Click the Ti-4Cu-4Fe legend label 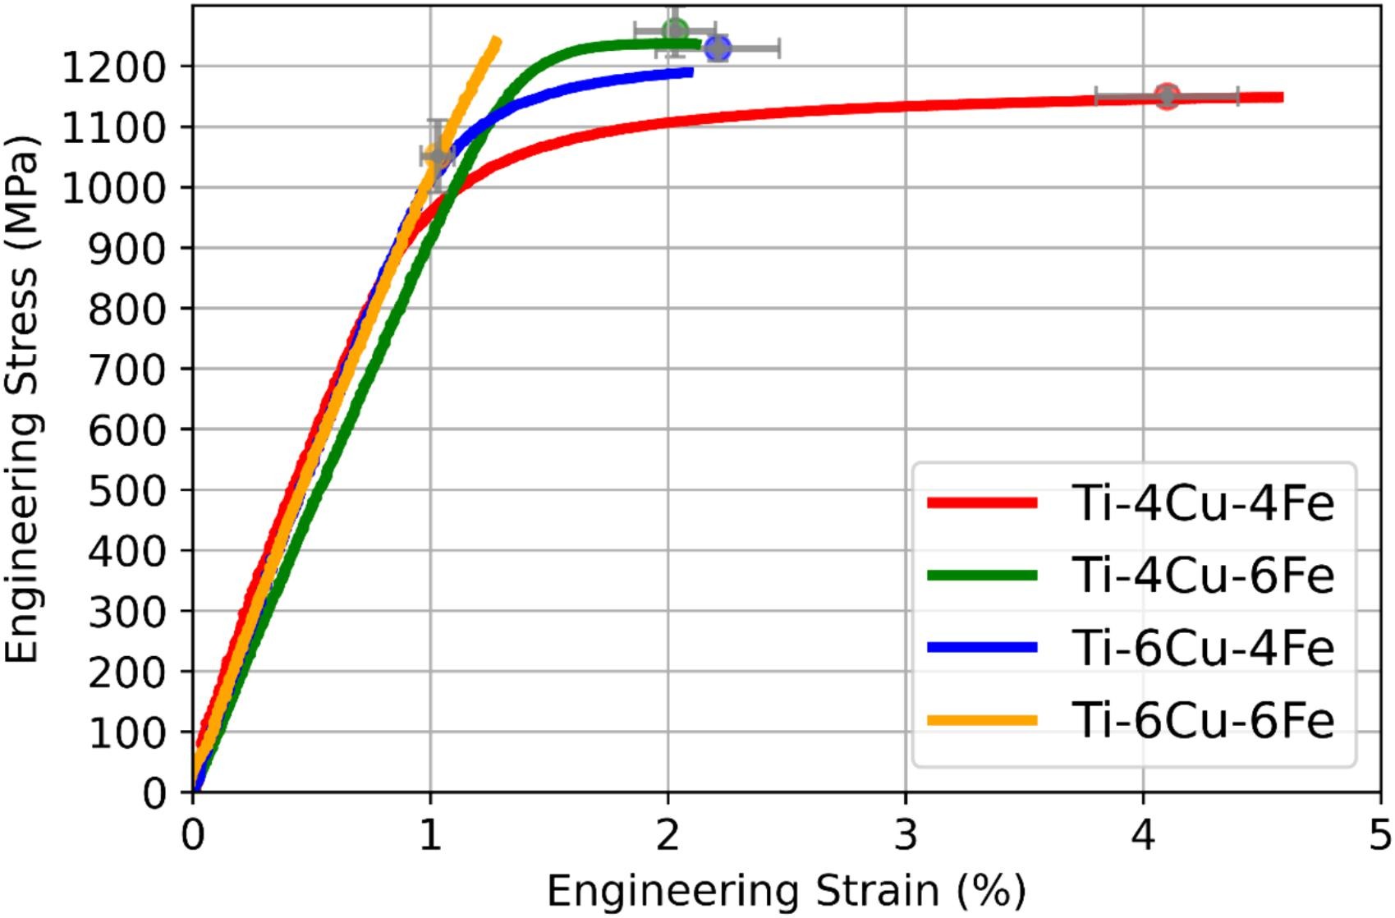click(x=1203, y=503)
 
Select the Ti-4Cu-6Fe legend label click(x=1203, y=576)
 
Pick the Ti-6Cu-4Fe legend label click(x=1203, y=648)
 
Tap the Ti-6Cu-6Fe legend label click(x=1203, y=720)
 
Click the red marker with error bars click(x=1167, y=96)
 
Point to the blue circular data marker click(x=718, y=48)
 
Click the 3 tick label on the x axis click(x=906, y=837)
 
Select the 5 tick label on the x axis click(x=1380, y=837)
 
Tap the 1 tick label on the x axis click(x=430, y=837)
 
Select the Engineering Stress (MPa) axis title click(x=23, y=398)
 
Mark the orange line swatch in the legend click(x=982, y=720)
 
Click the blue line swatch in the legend click(x=982, y=648)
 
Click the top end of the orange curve click(x=496, y=39)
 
